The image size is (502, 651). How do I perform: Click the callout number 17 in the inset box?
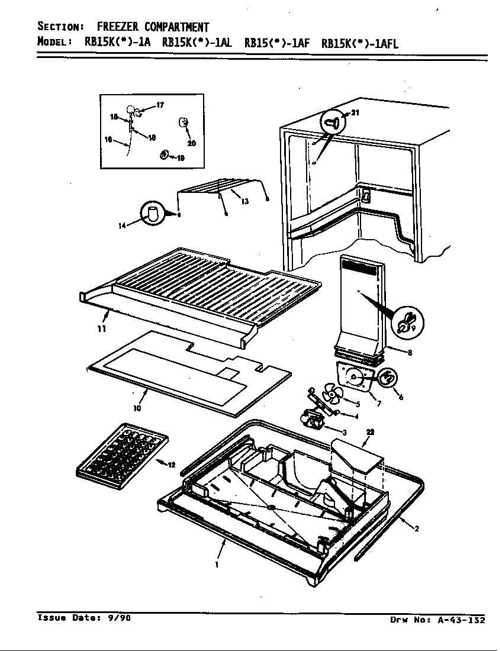(x=159, y=105)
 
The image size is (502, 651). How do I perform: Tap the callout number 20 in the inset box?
(x=192, y=143)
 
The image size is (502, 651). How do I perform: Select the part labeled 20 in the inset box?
(x=183, y=123)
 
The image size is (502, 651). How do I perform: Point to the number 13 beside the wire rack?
(x=244, y=201)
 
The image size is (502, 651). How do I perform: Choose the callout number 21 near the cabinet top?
(x=355, y=113)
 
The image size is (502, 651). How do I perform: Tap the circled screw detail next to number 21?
(x=333, y=123)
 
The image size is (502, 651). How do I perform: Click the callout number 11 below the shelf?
(x=102, y=328)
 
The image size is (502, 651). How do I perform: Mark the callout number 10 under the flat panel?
(x=137, y=408)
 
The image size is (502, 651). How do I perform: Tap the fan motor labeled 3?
(x=312, y=421)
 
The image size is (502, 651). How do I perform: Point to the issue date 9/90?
(x=118, y=618)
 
